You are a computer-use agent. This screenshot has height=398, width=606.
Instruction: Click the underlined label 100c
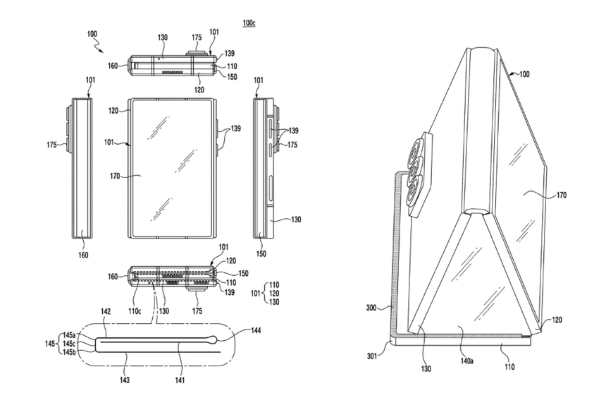[249, 23]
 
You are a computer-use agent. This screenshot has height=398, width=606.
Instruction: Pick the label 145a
[68, 335]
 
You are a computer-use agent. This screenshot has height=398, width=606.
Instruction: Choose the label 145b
[68, 351]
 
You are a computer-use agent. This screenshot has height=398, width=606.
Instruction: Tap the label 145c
[68, 344]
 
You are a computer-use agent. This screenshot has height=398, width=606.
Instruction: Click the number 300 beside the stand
[372, 308]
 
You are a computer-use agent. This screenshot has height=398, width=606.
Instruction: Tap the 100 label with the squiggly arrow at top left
[92, 34]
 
